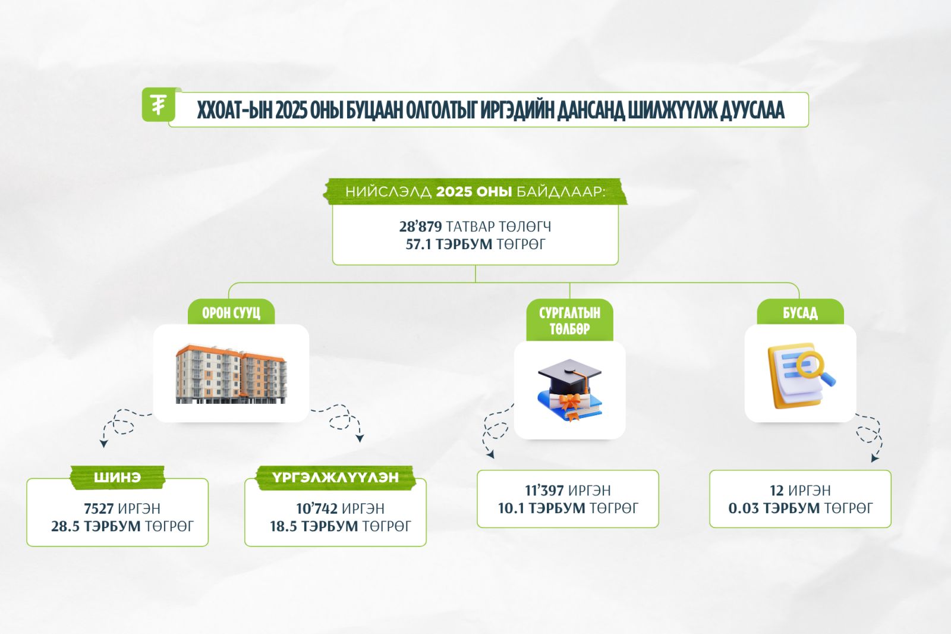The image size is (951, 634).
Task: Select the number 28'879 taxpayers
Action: [x=420, y=227]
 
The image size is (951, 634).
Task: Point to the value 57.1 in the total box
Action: [x=418, y=244]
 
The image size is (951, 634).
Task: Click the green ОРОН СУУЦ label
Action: [x=231, y=313]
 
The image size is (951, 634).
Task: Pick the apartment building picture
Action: [x=231, y=374]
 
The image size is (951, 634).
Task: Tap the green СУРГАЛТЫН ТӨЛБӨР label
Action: [x=569, y=321]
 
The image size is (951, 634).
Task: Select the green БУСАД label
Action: [x=800, y=313]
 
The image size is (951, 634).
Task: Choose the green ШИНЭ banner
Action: [x=117, y=477]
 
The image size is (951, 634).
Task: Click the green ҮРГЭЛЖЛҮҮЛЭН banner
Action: [x=335, y=477]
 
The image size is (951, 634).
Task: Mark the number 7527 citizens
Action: [x=99, y=509]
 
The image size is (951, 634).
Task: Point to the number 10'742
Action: [x=317, y=509]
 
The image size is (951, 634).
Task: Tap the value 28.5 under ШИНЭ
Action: [x=65, y=526]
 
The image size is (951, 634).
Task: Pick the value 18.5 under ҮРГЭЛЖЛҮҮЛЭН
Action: [x=284, y=526]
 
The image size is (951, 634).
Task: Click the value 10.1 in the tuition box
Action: [x=512, y=509]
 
